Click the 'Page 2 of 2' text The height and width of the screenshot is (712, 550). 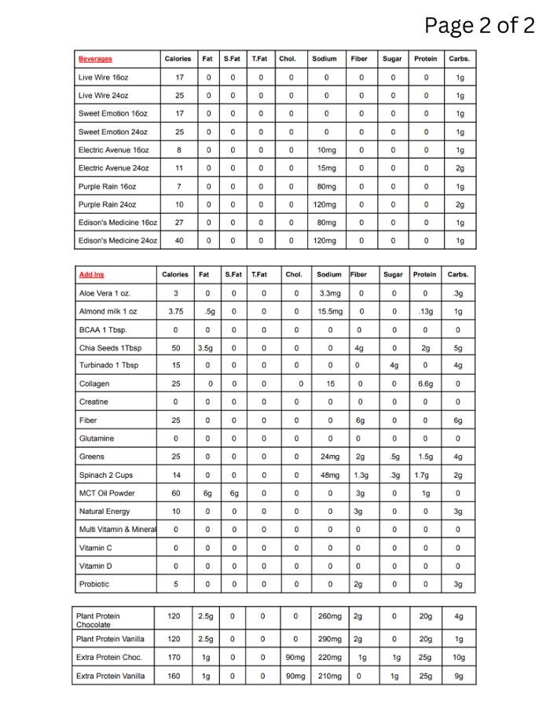coord(478,25)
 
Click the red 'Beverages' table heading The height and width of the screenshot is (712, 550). coord(95,59)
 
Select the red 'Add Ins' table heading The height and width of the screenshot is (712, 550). coord(91,274)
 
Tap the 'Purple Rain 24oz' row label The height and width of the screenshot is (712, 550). coord(107,204)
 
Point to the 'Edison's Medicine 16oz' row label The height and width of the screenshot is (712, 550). coord(118,222)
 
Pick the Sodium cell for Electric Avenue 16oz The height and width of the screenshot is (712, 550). coord(326,150)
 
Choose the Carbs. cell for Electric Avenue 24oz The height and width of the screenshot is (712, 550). coord(460,168)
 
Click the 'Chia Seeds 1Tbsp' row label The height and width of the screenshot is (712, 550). coord(110,348)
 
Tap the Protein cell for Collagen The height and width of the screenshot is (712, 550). coord(424,384)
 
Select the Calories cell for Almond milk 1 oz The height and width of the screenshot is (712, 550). coord(176,312)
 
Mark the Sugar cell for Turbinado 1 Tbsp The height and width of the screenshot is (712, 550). coord(394,366)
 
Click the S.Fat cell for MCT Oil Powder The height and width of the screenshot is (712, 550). coord(233,494)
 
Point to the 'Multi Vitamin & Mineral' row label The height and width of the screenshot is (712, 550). coord(118,530)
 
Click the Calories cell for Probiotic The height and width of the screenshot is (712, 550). coord(176,584)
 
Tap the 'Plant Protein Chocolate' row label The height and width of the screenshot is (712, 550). coord(98,620)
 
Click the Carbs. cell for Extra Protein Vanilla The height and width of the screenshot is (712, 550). coord(459,676)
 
